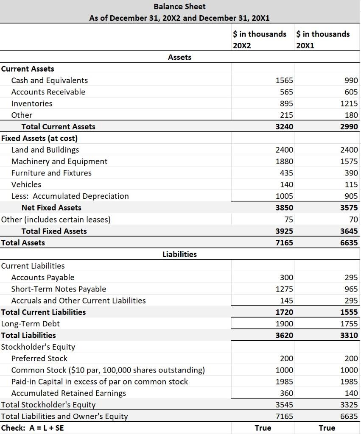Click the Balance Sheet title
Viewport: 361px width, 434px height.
(179, 6)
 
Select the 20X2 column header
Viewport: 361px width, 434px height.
(242, 45)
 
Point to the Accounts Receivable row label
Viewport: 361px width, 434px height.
(48, 92)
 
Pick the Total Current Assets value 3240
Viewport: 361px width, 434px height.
(284, 126)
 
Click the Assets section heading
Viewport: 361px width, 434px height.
(179, 57)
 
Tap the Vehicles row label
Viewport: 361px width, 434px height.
(26, 184)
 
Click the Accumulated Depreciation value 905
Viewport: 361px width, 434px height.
(350, 196)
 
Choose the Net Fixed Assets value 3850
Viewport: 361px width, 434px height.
(284, 208)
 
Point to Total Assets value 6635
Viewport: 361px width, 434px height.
(349, 243)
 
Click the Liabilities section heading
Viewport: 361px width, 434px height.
(179, 254)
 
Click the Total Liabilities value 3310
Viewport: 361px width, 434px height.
(349, 335)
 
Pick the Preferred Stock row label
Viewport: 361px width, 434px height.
(39, 359)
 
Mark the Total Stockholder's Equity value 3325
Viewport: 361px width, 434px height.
(349, 405)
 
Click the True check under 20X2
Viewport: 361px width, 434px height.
(263, 428)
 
